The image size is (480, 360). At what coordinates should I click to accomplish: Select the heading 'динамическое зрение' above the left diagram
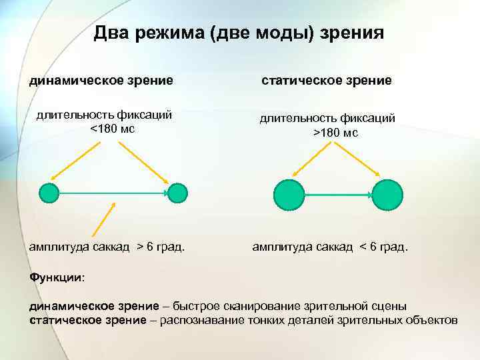pyautogui.click(x=101, y=81)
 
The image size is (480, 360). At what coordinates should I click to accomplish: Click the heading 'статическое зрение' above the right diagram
pyautogui.click(x=326, y=81)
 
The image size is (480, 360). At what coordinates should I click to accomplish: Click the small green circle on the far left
pyautogui.click(x=49, y=193)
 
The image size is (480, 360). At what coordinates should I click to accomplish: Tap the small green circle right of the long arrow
pyautogui.click(x=177, y=193)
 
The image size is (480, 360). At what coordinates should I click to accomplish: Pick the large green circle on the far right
pyautogui.click(x=387, y=194)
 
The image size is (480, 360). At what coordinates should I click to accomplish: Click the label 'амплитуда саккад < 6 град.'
pyautogui.click(x=329, y=247)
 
